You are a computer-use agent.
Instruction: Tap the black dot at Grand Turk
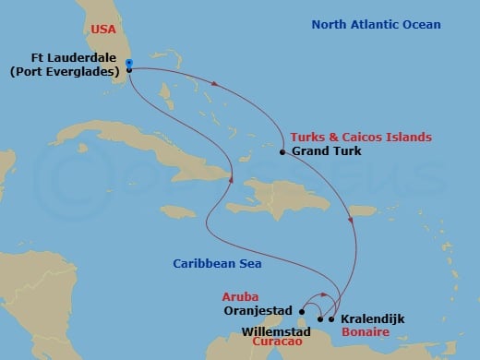282,150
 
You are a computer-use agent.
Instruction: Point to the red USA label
103,30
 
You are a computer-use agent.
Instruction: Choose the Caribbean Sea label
218,264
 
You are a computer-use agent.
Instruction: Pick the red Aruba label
239,296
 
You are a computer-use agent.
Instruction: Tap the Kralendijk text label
373,318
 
